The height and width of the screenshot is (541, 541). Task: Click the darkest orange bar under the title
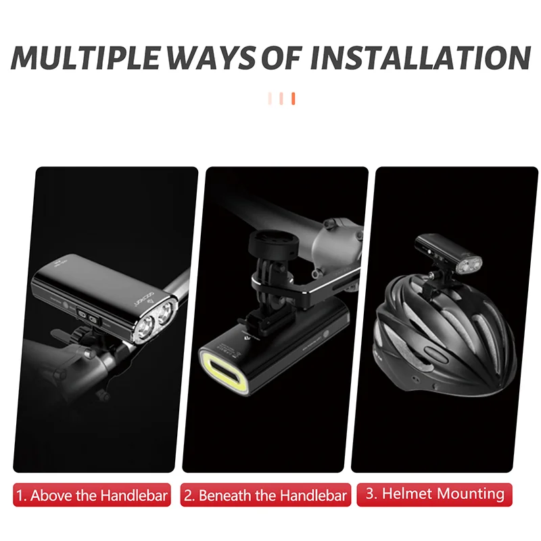(x=293, y=99)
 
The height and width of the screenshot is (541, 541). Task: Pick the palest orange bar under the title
(x=270, y=99)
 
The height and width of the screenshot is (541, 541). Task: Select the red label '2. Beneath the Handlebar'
(x=265, y=495)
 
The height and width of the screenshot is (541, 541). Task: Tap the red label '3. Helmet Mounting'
(x=435, y=494)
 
